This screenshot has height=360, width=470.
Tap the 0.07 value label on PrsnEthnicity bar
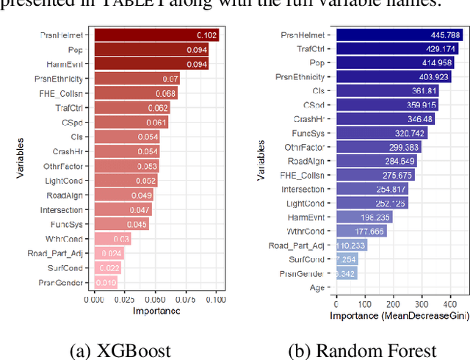pyautogui.click(x=170, y=79)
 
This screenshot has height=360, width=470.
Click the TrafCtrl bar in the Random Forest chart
pyautogui.click(x=396, y=48)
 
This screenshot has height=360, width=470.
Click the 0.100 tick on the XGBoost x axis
pyautogui.click(x=216, y=300)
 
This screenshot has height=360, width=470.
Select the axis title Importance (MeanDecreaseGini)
pyautogui.click(x=389, y=314)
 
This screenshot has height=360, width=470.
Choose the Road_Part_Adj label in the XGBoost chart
pyautogui.click(x=62, y=253)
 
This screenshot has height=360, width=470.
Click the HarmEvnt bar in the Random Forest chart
pyautogui.click(x=364, y=217)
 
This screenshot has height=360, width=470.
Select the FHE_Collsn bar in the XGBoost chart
pyautogui.click(x=135, y=93)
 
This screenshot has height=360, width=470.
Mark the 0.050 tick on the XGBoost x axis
pyautogui.click(x=155, y=300)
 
